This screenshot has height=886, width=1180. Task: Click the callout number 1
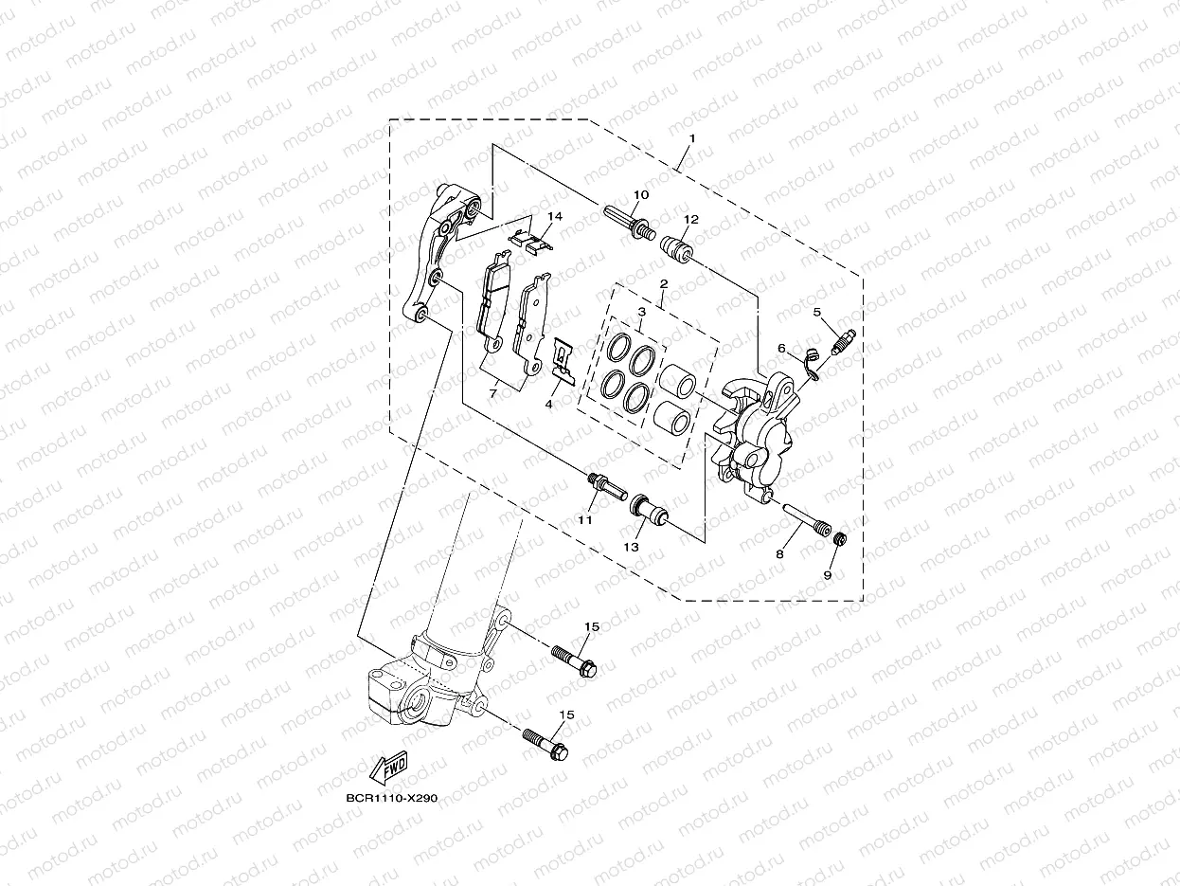point(692,138)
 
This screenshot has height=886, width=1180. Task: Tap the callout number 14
point(555,217)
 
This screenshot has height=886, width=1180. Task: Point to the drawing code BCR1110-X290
point(391,799)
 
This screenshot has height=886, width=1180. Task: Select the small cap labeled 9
point(839,539)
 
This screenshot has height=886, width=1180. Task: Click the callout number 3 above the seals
point(641,311)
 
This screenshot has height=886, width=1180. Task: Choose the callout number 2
point(664,283)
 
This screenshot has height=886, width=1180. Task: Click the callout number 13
point(632,547)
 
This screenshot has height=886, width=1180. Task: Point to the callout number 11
point(585,520)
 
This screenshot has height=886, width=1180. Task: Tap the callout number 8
point(781,554)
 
